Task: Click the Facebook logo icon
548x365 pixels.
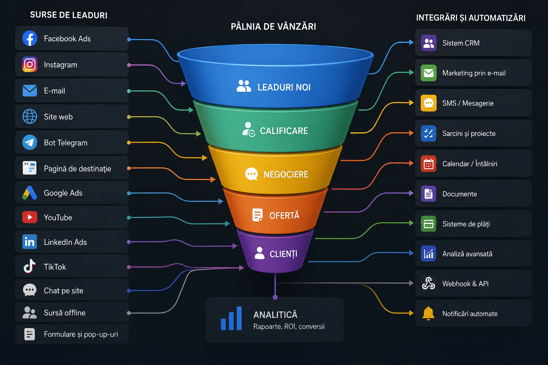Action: coord(30,38)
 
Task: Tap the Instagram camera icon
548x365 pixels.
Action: coord(30,65)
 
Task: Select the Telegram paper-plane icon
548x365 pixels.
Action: coord(30,142)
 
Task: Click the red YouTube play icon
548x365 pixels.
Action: coord(30,217)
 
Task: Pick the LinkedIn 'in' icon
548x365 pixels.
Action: coord(30,242)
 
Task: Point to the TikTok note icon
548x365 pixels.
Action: coord(30,266)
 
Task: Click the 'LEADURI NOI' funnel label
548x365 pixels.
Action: coord(284,87)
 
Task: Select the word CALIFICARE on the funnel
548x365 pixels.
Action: coord(284,131)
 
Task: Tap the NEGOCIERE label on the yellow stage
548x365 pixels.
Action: coord(286,175)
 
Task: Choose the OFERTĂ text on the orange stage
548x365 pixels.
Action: coord(284,216)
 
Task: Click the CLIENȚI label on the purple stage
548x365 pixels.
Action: coord(284,254)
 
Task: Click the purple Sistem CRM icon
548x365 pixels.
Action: coord(428,43)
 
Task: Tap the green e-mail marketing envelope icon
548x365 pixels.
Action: coord(428,73)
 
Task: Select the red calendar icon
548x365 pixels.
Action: coord(428,164)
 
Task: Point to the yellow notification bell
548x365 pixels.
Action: coord(428,313)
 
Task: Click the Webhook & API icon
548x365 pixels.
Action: coord(428,283)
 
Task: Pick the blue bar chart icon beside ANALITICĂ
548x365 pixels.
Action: coord(231,318)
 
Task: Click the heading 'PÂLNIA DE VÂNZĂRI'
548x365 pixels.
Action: coord(273,26)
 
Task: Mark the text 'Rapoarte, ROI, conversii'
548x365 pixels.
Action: coord(289,327)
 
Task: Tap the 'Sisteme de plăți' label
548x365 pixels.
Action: coord(466,224)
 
